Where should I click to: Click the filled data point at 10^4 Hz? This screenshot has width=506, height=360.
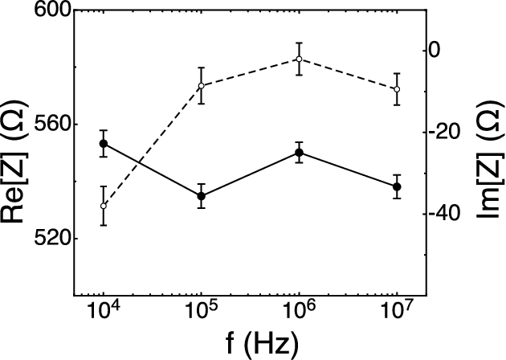pyautogui.click(x=104, y=144)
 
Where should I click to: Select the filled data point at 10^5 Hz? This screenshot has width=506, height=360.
pyautogui.click(x=202, y=196)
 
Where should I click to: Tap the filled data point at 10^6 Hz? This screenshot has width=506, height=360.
pyautogui.click(x=299, y=153)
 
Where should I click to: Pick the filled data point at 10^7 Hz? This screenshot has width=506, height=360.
pyautogui.click(x=397, y=186)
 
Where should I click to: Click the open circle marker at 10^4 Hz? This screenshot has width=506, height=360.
pyautogui.click(x=104, y=206)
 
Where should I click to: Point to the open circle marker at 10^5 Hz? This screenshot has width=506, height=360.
pyautogui.click(x=202, y=86)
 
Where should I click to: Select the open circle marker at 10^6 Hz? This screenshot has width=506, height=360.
pyautogui.click(x=299, y=59)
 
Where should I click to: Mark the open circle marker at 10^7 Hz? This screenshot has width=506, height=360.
pyautogui.click(x=397, y=89)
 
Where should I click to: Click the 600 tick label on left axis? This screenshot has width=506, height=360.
pyautogui.click(x=50, y=11)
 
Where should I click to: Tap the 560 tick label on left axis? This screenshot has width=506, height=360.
pyautogui.click(x=50, y=125)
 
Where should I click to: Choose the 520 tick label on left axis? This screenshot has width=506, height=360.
pyautogui.click(x=50, y=239)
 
